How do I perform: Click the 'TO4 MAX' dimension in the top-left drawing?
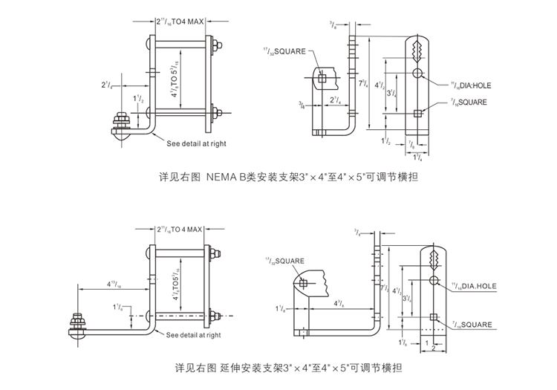(x=186, y=21)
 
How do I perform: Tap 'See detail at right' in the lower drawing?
(x=194, y=335)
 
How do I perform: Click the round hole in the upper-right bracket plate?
(x=418, y=74)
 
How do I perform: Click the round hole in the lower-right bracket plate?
(x=435, y=279)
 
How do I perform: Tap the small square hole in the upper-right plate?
(x=418, y=112)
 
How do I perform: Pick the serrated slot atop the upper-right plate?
(x=418, y=51)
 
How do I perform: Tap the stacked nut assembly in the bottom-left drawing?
(x=77, y=322)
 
